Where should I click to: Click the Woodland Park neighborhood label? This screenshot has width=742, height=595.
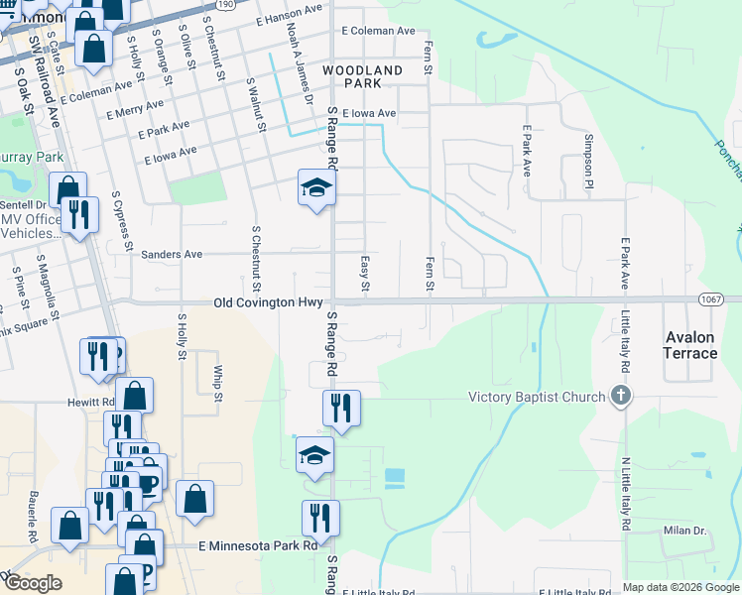coord(362,77)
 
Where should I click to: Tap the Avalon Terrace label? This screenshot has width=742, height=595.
coord(689,345)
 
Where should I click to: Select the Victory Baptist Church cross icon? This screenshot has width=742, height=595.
coord(621,398)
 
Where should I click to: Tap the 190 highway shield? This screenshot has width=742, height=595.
coord(225,5)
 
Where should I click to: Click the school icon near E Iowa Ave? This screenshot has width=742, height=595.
coord(316,186)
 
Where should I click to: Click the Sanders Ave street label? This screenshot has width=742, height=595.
coord(172,255)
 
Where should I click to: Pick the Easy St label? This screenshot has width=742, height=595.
coord(365,273)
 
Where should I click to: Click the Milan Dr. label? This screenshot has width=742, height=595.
coord(684,532)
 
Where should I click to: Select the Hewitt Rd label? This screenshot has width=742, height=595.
coord(91,403)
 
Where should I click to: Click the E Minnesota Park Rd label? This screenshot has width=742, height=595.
coord(258,545)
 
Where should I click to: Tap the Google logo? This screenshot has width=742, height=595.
coord(33,583)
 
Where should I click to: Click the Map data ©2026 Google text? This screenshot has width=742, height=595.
coord(680,587)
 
